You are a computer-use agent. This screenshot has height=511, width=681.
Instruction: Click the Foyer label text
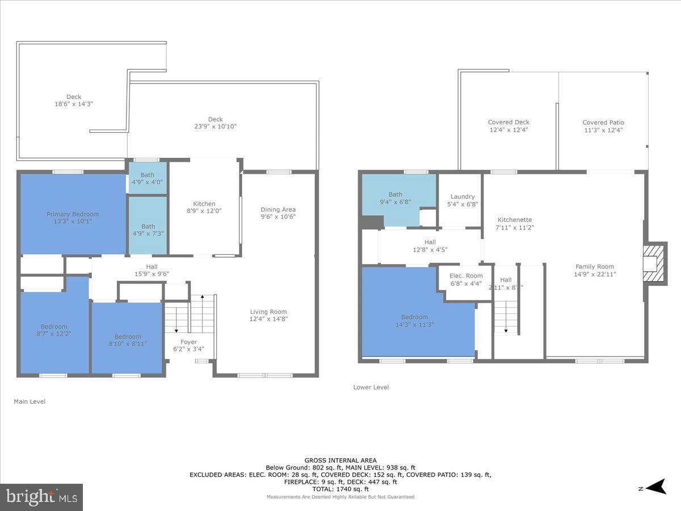point(188,342)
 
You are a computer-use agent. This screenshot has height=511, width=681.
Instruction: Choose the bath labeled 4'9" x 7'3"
point(148,226)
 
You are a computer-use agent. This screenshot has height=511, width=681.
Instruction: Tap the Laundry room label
point(463,197)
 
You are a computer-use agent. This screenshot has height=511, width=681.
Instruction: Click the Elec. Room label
point(466,276)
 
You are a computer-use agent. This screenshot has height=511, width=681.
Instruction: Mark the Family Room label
point(595,267)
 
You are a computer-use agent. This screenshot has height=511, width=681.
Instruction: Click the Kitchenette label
point(515,220)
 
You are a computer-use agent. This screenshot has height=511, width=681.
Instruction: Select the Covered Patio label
point(603,123)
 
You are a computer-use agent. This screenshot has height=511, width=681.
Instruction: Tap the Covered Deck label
point(508,122)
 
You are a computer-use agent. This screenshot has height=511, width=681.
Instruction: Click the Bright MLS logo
point(41,497)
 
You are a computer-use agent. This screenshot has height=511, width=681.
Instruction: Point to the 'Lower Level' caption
point(371,387)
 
